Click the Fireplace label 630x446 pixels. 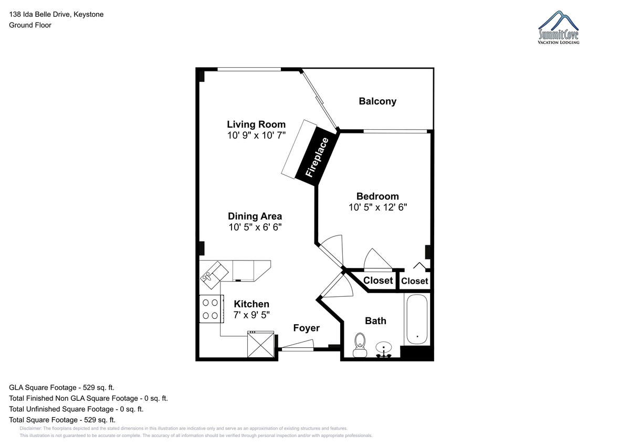click(x=317, y=157)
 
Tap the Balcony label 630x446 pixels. click(x=377, y=101)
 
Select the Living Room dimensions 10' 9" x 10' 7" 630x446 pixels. click(x=256, y=136)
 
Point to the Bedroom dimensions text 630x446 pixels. click(x=377, y=208)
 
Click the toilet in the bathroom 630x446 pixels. click(x=360, y=345)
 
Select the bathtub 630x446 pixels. click(x=417, y=319)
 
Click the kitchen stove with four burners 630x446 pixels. click(x=212, y=309)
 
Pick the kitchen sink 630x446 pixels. click(x=214, y=275)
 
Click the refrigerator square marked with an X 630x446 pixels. click(x=261, y=345)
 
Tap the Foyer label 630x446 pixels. click(x=306, y=328)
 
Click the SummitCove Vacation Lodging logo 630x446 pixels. click(x=558, y=27)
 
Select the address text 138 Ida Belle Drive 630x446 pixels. click(x=40, y=14)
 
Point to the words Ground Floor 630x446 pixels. click(x=30, y=25)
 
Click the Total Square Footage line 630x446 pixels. click(x=62, y=420)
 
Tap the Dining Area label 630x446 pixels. click(x=255, y=216)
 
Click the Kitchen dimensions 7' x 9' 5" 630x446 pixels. click(x=251, y=315)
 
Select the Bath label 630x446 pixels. click(x=375, y=321)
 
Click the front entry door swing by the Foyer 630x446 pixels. click(x=298, y=345)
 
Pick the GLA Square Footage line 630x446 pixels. click(x=61, y=388)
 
